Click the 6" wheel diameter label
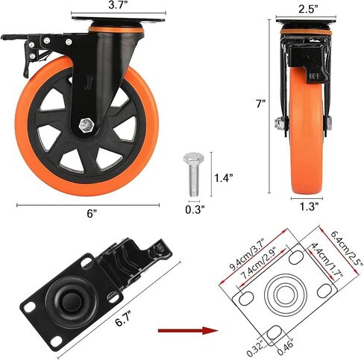92,213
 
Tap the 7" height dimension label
261,104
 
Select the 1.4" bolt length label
224,178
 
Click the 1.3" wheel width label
307,206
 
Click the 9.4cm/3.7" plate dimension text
248,253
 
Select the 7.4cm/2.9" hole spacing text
259,262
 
